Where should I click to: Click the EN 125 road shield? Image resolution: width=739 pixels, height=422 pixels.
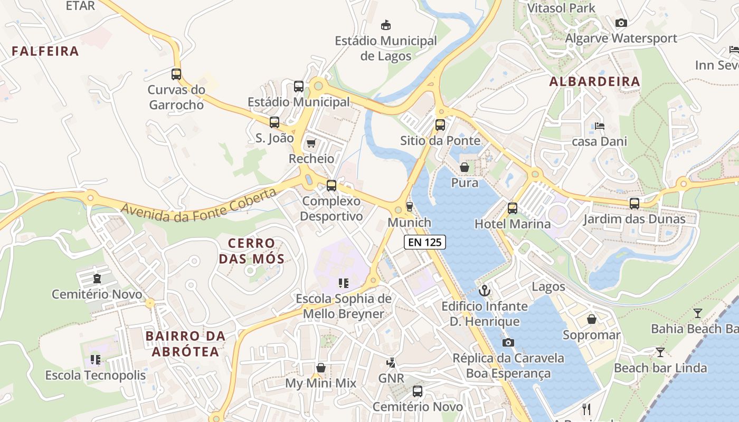(425, 242)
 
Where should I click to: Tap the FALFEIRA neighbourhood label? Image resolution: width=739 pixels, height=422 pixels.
(45, 51)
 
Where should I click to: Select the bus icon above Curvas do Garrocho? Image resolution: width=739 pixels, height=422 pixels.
(176, 74)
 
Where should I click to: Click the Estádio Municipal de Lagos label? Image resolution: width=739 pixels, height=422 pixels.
(386, 48)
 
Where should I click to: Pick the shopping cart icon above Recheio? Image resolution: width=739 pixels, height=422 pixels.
(311, 143)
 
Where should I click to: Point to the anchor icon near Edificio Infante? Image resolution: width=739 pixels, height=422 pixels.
(484, 291)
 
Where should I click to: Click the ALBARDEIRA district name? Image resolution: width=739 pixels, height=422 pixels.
(594, 82)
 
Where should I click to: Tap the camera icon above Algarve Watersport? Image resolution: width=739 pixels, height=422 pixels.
(621, 23)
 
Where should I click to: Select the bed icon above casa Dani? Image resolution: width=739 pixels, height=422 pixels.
(600, 126)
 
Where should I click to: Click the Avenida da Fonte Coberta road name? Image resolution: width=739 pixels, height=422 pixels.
(198, 205)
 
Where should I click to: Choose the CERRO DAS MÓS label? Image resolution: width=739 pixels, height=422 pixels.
(252, 251)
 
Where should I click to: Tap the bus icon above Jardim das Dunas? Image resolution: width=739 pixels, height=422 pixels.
(634, 204)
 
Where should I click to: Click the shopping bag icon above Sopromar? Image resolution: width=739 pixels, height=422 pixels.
(592, 320)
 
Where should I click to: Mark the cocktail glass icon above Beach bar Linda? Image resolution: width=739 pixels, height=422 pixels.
(660, 352)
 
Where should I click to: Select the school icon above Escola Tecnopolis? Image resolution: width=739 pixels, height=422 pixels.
(95, 360)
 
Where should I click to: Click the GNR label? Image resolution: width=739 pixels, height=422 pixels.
(391, 378)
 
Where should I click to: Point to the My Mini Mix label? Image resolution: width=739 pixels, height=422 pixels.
(321, 383)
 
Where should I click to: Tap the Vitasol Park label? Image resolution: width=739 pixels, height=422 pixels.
(561, 8)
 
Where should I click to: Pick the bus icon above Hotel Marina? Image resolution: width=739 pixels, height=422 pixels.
(513, 208)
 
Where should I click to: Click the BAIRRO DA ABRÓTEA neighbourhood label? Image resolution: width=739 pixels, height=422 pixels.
(185, 343)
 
